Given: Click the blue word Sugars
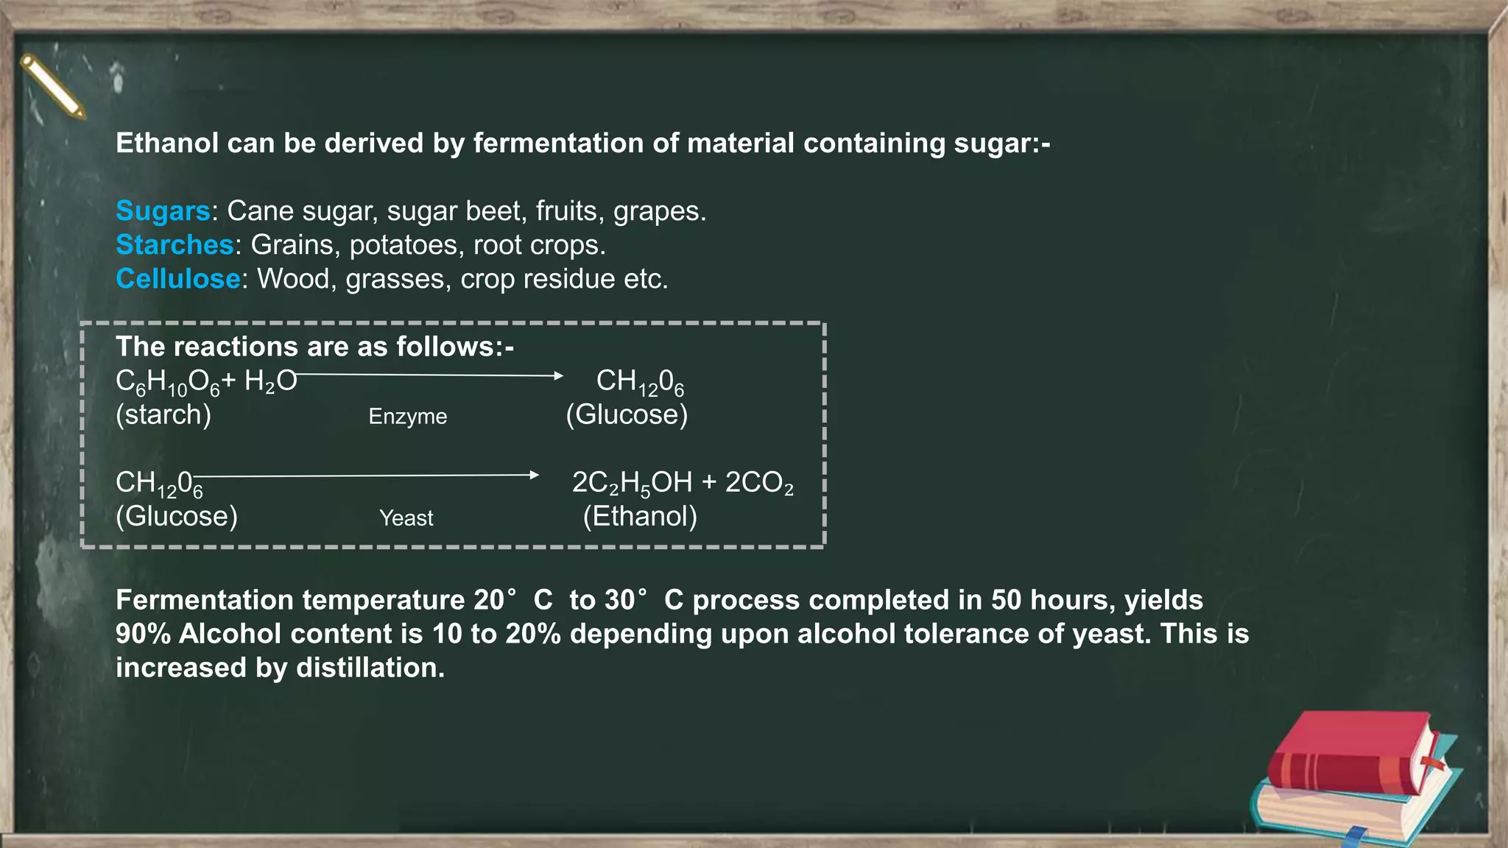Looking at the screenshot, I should [x=163, y=211].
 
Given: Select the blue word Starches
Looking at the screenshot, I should [x=175, y=245].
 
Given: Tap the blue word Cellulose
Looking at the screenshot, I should [x=177, y=279].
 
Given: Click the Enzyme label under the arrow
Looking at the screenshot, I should [x=407, y=417].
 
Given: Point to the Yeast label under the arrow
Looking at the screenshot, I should [x=406, y=518].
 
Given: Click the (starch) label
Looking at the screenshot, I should [x=163, y=414].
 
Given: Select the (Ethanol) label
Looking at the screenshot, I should [x=640, y=516].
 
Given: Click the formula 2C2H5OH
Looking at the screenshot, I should [x=632, y=483].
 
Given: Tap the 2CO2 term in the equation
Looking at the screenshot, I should [x=759, y=483].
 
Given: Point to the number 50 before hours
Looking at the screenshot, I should [x=1006, y=600].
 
